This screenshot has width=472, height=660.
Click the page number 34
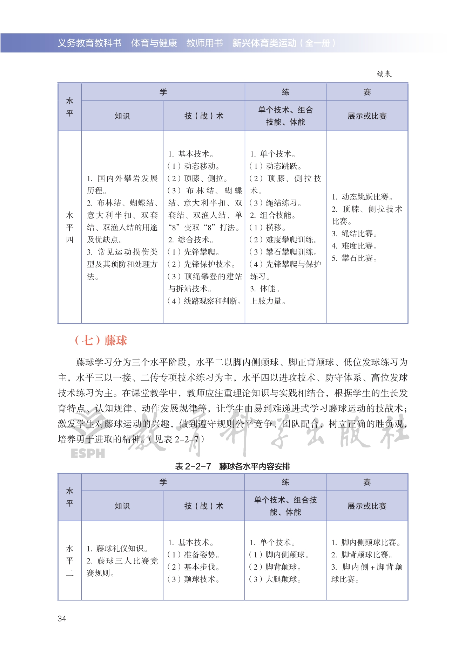click(x=62, y=619)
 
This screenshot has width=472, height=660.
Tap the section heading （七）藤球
click(x=101, y=340)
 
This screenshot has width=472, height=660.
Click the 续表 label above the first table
click(x=384, y=74)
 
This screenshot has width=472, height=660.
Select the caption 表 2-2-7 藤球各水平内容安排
click(x=232, y=466)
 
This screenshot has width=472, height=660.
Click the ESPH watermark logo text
click(x=88, y=454)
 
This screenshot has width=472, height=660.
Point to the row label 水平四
click(x=70, y=227)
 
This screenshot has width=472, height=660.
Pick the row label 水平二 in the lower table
click(x=70, y=561)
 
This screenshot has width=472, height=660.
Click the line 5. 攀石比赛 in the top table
click(x=354, y=258)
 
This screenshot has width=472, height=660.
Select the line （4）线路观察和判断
click(x=204, y=301)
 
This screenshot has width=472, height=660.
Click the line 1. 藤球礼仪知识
click(x=117, y=549)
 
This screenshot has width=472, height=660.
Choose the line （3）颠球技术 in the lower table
click(x=193, y=579)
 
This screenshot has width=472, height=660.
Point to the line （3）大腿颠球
click(x=275, y=579)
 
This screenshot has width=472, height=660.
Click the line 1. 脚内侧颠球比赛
click(x=366, y=543)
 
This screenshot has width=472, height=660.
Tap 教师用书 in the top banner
click(x=204, y=43)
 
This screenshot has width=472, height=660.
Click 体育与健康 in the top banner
click(x=154, y=43)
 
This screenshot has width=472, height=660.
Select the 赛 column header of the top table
click(x=367, y=92)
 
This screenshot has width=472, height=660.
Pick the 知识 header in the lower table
click(x=122, y=506)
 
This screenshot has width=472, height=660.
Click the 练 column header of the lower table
click(x=285, y=482)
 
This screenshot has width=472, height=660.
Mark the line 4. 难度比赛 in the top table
click(x=354, y=246)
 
